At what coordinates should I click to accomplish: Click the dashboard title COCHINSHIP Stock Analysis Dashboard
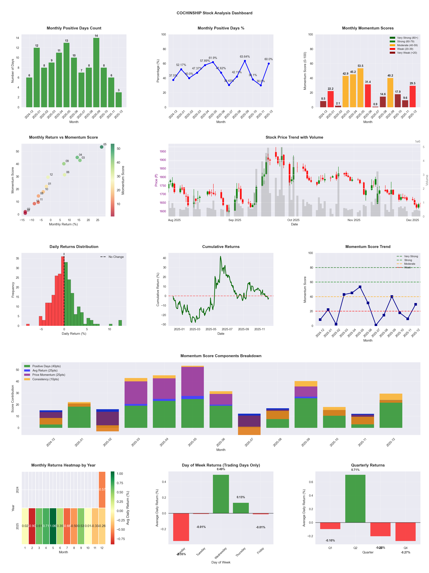tap(214, 13)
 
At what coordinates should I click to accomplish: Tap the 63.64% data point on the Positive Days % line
tap(245, 61)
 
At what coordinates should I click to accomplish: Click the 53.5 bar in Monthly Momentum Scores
tap(360, 88)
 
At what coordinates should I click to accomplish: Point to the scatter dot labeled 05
tap(102, 147)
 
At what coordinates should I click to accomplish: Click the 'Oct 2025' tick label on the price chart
tap(293, 220)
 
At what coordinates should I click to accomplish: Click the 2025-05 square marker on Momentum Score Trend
tap(360, 287)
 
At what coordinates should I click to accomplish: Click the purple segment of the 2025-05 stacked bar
tap(192, 381)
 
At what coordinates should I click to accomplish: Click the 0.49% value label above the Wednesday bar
tap(221, 469)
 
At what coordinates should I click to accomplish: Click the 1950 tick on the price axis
tap(163, 152)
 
